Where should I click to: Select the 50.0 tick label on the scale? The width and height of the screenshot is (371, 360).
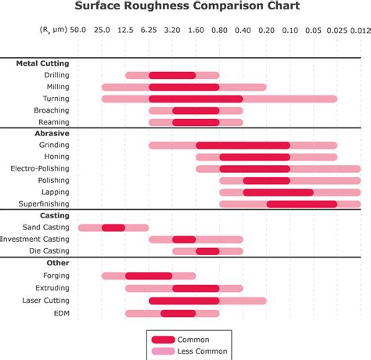(77, 30)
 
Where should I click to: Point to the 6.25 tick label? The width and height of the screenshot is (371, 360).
(148, 30)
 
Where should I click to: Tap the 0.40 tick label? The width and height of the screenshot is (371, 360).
(243, 30)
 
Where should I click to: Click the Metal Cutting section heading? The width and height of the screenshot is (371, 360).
(42, 63)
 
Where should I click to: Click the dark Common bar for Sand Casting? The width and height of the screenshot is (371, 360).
(113, 228)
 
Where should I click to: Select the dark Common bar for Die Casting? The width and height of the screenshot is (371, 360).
(207, 251)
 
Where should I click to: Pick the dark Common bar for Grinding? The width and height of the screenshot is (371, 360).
(243, 146)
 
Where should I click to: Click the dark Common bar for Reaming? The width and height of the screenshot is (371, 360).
(196, 122)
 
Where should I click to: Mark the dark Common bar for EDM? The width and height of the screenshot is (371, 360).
(178, 313)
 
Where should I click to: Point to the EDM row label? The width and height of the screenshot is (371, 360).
(62, 313)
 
